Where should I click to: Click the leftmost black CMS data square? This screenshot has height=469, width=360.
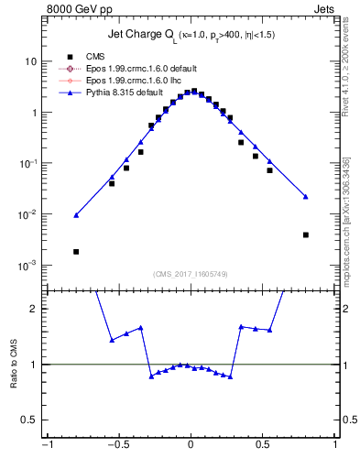tap(76, 251)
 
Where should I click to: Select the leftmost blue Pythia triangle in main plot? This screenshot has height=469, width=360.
tap(76, 215)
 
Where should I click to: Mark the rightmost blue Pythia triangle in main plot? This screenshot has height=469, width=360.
tap(305, 196)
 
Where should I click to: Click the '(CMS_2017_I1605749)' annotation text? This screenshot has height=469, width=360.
tap(190, 274)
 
